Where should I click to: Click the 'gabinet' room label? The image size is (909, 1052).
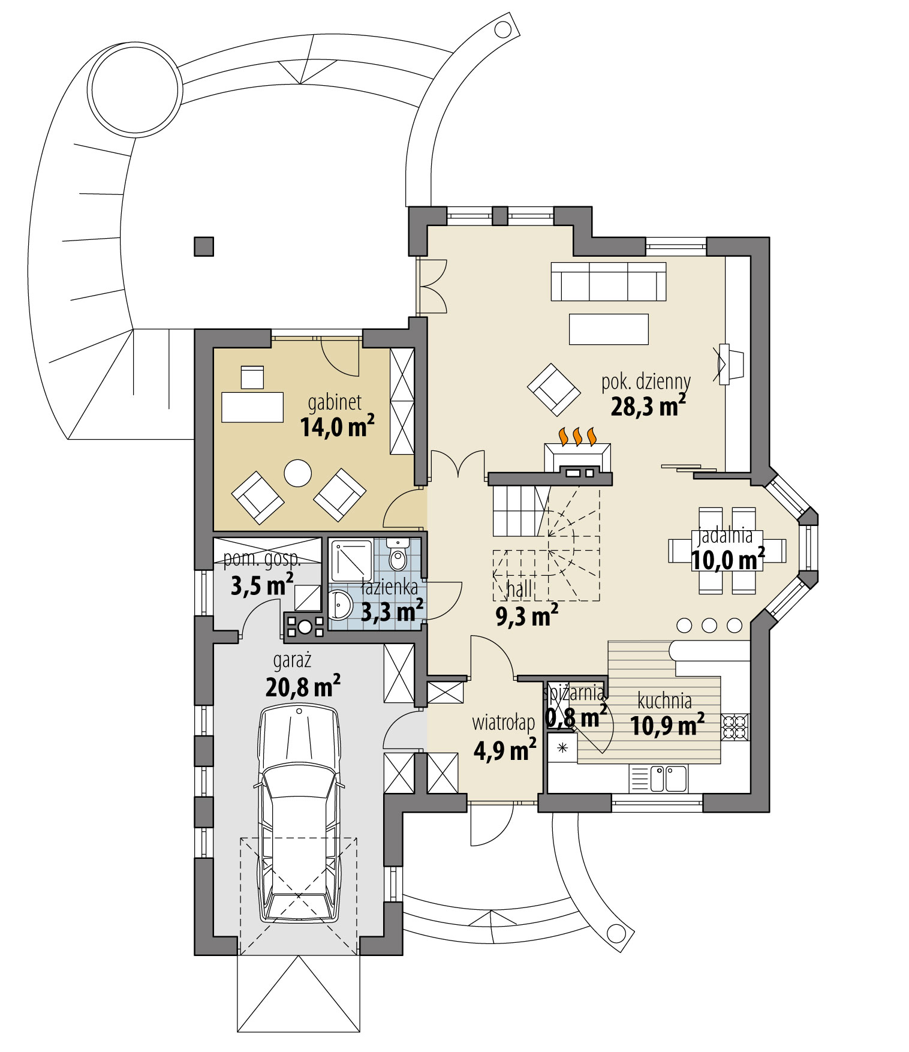[335, 402]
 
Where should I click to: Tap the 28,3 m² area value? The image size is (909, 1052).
[648, 407]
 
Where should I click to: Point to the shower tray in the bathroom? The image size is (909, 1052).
[351, 561]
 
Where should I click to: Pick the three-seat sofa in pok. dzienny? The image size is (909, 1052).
[608, 281]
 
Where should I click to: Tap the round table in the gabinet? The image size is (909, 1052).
[297, 473]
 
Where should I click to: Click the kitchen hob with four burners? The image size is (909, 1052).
[735, 727]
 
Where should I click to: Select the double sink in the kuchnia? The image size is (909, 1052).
[668, 779]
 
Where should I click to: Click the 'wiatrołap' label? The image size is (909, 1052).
[503, 723]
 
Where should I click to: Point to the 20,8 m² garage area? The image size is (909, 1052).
[303, 687]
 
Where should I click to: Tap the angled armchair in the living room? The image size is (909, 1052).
[553, 390]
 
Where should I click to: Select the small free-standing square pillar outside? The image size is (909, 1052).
[204, 247]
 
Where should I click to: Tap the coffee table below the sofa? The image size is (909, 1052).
[608, 329]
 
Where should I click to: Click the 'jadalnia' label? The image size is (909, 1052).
[725, 536]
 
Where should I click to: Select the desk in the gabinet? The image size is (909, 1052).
[252, 407]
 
